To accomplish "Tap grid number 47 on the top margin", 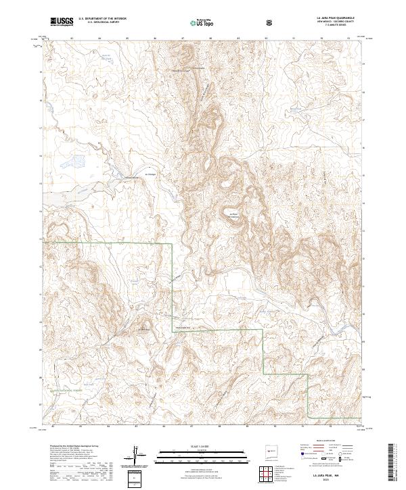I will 183,39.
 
